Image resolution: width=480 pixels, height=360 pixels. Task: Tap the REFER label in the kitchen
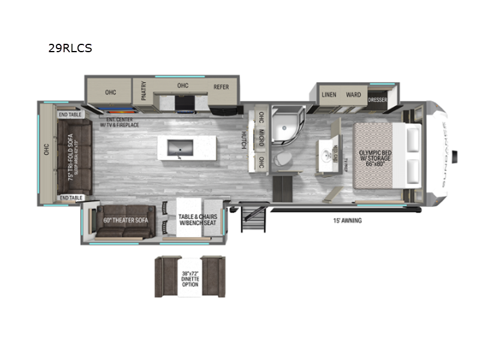tap(221, 87)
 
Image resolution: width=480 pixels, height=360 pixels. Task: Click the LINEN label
tap(328, 95)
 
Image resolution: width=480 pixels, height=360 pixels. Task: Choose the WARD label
tap(353, 95)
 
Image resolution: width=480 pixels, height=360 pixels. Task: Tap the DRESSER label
tap(377, 99)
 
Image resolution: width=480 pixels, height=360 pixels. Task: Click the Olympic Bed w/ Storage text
tap(376, 157)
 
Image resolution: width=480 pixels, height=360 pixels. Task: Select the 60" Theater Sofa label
tap(126, 220)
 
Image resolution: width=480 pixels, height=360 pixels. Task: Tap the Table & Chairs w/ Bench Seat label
tap(197, 220)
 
